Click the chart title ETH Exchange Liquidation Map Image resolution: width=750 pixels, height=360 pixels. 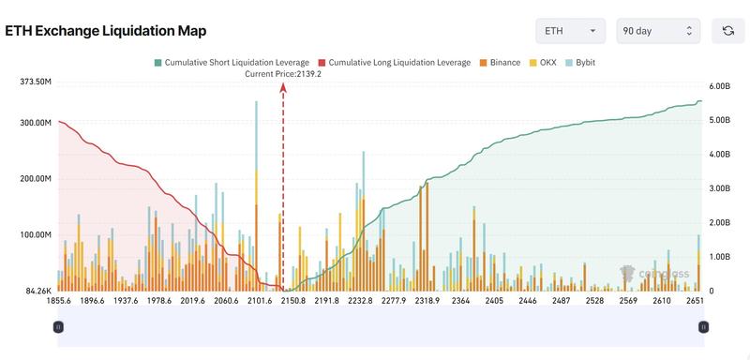[x=107, y=30]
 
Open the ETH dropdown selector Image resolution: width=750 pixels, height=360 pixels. [x=570, y=31]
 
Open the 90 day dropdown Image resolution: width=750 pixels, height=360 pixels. [x=658, y=31]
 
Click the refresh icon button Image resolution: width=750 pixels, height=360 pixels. [x=727, y=31]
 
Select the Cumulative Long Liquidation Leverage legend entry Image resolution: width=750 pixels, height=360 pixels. [x=395, y=62]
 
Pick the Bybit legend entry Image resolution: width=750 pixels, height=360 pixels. [x=580, y=62]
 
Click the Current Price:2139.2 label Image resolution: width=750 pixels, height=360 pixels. [x=283, y=73]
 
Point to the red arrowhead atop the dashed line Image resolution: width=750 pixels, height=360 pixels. [x=283, y=85]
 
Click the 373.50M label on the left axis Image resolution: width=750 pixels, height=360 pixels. [x=35, y=82]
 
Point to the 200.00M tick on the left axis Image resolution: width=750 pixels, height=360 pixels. [x=35, y=179]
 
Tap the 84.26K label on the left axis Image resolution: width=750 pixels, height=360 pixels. [x=37, y=291]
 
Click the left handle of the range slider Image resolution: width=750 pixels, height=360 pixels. [x=58, y=326]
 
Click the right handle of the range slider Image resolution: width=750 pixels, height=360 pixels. [x=702, y=326]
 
